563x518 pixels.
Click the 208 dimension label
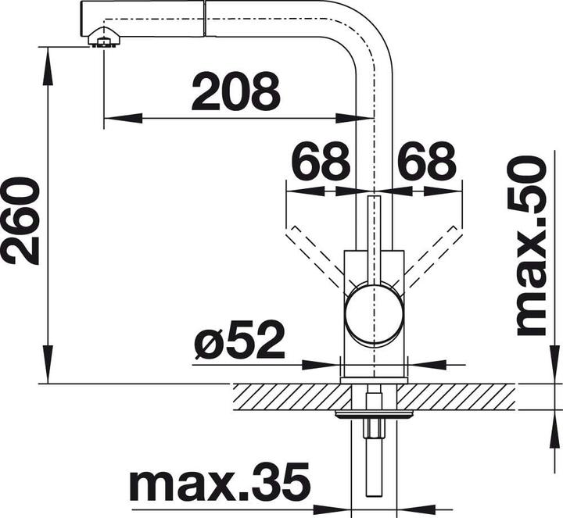[235, 92]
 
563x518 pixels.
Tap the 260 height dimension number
[21, 221]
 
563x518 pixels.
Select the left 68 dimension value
[321, 162]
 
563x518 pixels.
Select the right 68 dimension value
[426, 162]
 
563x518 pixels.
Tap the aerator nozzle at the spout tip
[102, 38]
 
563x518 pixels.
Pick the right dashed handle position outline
[435, 250]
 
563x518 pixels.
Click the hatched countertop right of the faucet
[461, 396]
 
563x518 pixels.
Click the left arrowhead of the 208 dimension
[113, 118]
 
